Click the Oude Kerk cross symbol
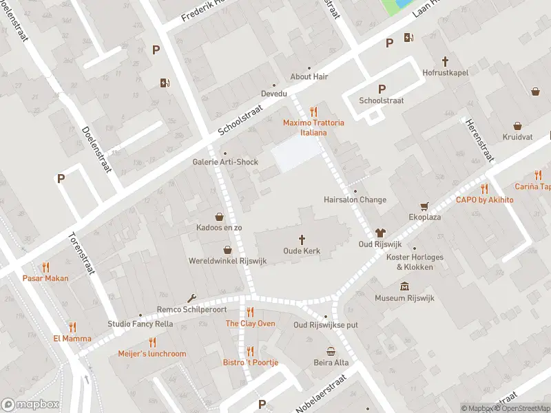(x=302, y=239)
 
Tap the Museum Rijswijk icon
(x=404, y=286)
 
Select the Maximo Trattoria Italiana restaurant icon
(x=313, y=111)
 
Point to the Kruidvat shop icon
(x=517, y=126)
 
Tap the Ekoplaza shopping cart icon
(x=425, y=205)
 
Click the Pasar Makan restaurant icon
(x=45, y=267)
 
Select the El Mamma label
(x=72, y=339)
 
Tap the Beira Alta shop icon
(x=331, y=351)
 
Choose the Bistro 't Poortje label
(x=250, y=363)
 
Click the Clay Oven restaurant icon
(x=250, y=312)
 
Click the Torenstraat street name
(x=81, y=253)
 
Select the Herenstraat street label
(x=480, y=138)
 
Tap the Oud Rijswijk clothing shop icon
(x=380, y=233)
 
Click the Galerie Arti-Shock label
(x=225, y=162)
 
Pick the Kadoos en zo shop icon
(x=219, y=215)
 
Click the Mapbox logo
(x=30, y=405)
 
